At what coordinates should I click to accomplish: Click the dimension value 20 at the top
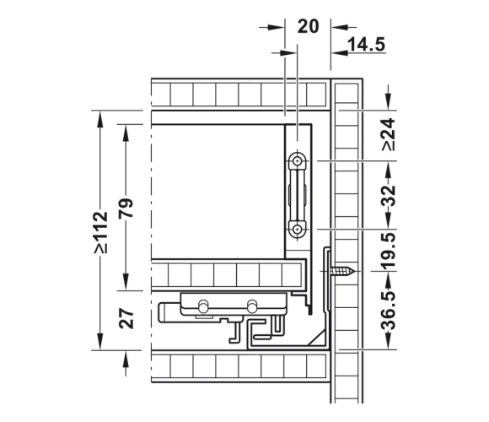click(308, 26)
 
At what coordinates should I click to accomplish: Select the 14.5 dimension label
click(366, 44)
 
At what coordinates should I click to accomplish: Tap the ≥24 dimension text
click(389, 134)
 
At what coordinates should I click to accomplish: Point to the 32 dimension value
click(389, 195)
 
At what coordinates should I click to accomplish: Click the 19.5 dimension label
click(389, 251)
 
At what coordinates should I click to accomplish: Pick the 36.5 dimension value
click(389, 311)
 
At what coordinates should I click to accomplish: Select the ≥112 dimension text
click(101, 233)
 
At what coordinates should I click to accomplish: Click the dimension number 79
click(126, 208)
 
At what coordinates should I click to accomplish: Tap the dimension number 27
click(126, 318)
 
